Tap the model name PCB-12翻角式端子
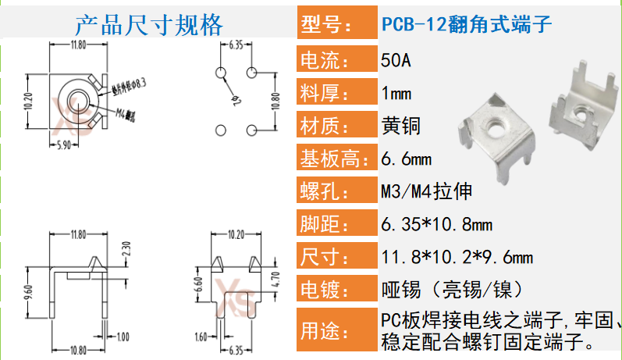467,24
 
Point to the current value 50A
397,59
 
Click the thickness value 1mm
396,94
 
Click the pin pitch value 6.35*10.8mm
436,225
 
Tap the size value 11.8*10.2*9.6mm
457,257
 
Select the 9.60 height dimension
29,293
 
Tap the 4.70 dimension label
275,279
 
